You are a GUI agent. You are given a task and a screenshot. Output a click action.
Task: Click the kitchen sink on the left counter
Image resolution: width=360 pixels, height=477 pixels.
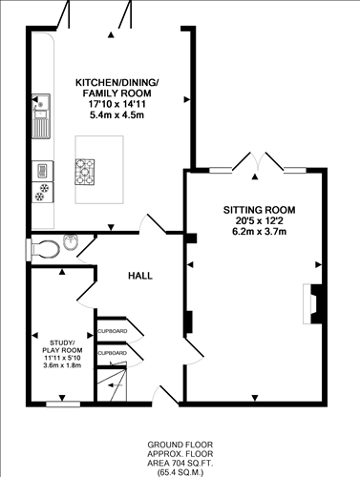click(41, 114)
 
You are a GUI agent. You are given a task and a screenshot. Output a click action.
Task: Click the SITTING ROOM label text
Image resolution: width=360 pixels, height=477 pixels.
click(259, 209)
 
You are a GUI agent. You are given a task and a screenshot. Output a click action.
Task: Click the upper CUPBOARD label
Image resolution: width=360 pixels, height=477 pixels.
click(112, 331)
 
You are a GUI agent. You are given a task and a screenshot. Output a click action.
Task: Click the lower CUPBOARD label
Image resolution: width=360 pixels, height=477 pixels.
click(112, 353)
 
